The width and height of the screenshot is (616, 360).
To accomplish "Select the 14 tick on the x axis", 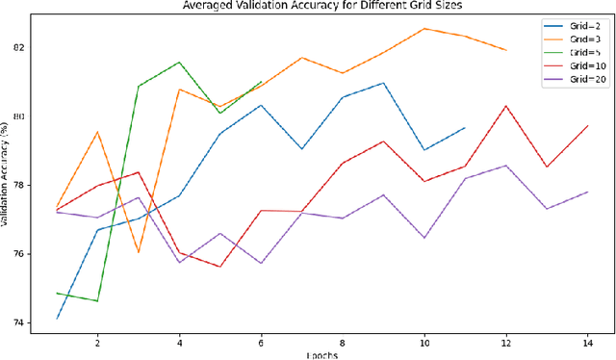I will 588,344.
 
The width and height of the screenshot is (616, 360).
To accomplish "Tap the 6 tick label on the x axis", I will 261,344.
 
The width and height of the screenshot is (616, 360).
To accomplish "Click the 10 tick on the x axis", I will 424,344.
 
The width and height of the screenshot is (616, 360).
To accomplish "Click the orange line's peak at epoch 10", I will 424,28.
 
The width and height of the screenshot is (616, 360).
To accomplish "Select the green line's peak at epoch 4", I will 179,63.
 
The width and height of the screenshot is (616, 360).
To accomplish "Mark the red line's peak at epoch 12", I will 506,106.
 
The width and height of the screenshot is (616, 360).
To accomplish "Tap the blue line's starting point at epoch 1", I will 57,318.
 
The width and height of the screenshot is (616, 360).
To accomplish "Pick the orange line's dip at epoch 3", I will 139,252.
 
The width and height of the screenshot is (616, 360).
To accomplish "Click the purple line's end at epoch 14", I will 588,192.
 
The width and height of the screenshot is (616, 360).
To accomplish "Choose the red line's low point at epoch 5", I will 220,267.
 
